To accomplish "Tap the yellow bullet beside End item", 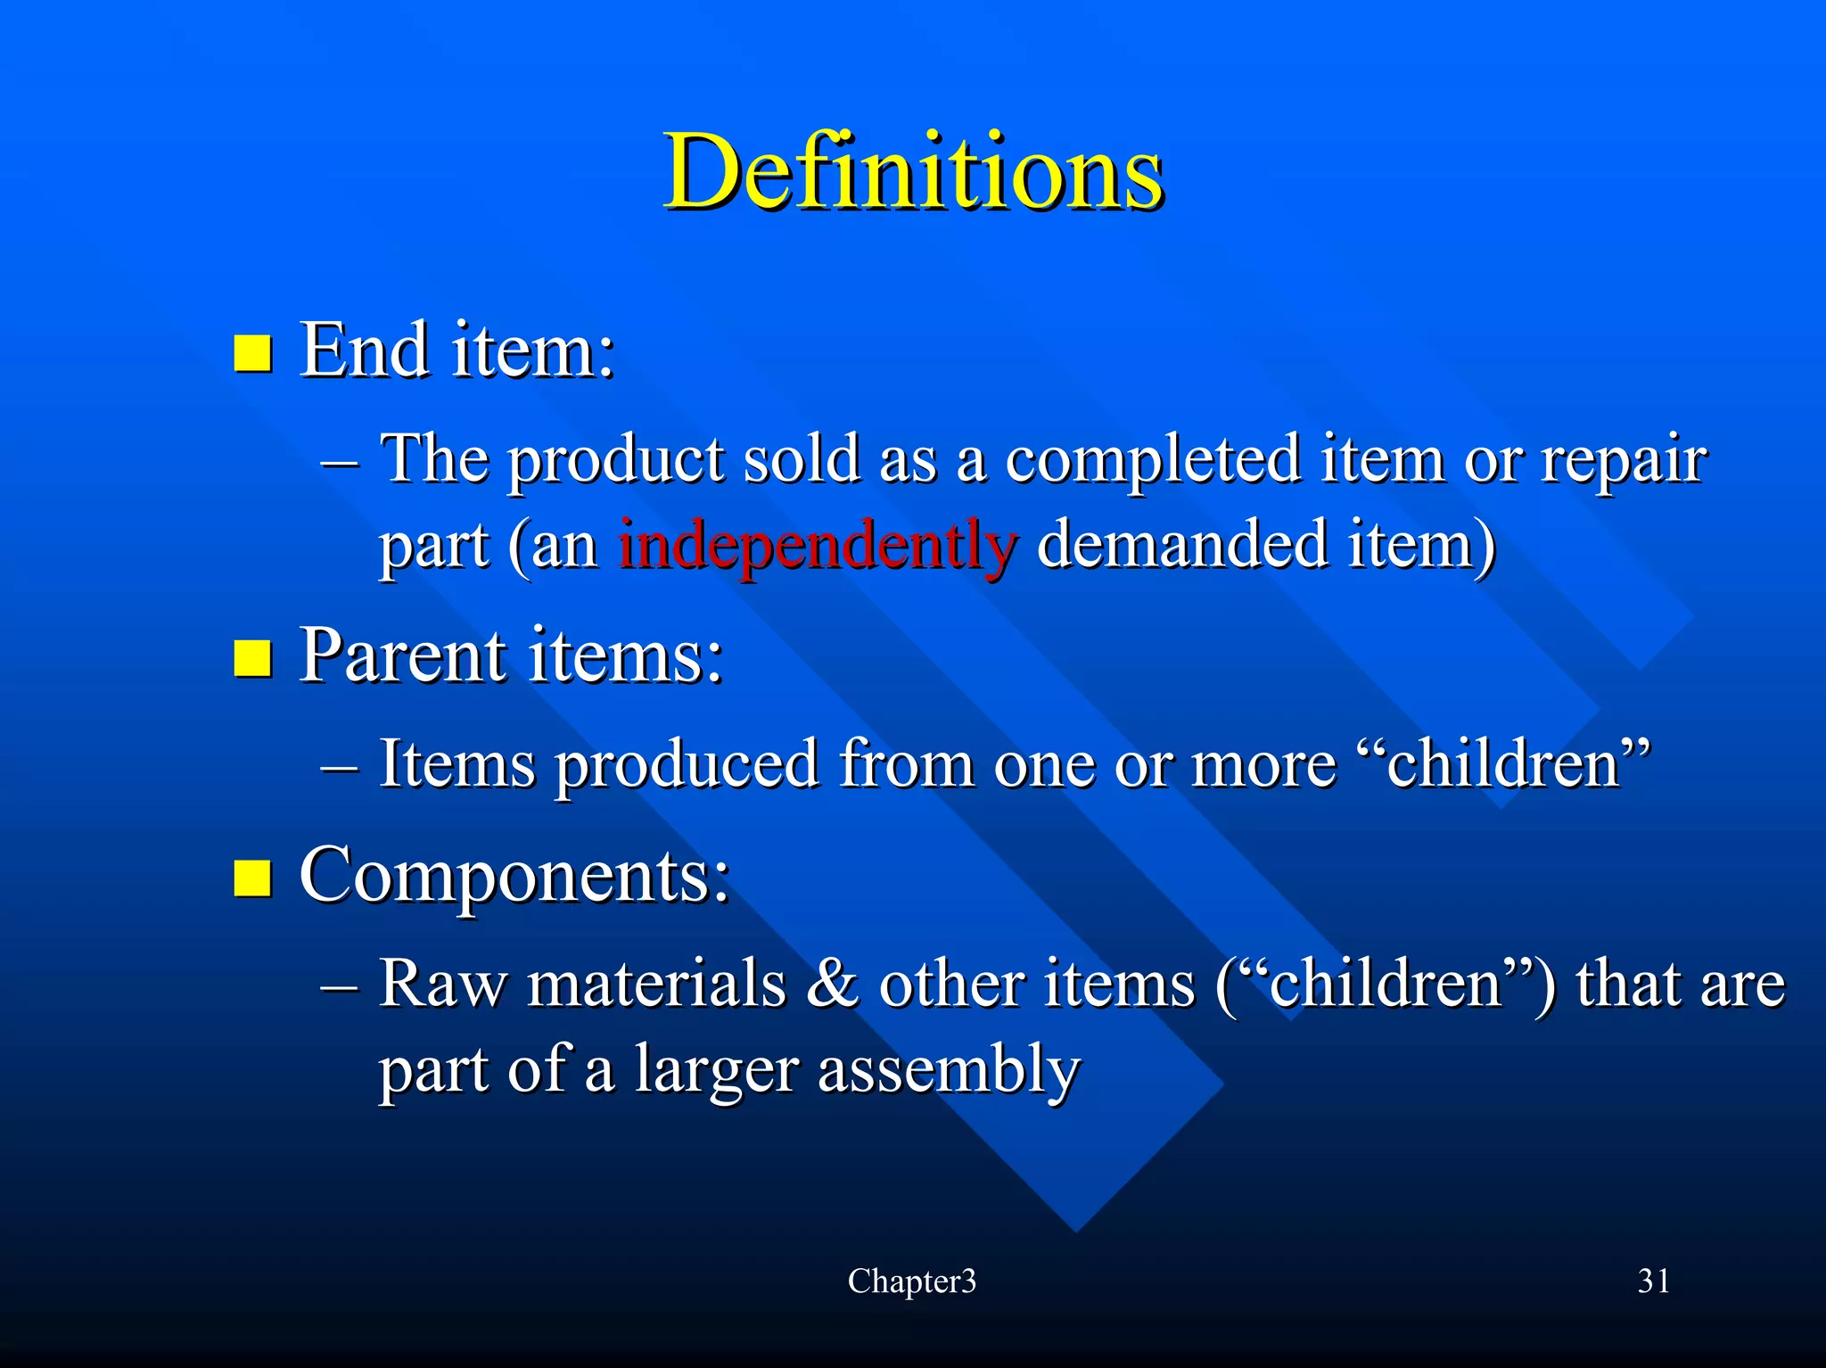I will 252,353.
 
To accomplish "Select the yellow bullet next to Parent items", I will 252,659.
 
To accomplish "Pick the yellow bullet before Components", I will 252,878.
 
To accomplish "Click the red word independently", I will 817,544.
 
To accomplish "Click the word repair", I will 1624,460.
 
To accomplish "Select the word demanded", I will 1182,544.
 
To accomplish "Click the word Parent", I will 402,655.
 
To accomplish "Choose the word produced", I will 687,765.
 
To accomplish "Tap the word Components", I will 514,876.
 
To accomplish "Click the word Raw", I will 442,984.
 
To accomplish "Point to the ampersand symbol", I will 833,984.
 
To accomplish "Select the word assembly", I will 949,1070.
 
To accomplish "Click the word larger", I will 716,1070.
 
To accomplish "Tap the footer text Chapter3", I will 912,1281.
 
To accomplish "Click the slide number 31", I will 1654,1281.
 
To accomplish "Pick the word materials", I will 656,984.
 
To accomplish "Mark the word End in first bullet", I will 364,350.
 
